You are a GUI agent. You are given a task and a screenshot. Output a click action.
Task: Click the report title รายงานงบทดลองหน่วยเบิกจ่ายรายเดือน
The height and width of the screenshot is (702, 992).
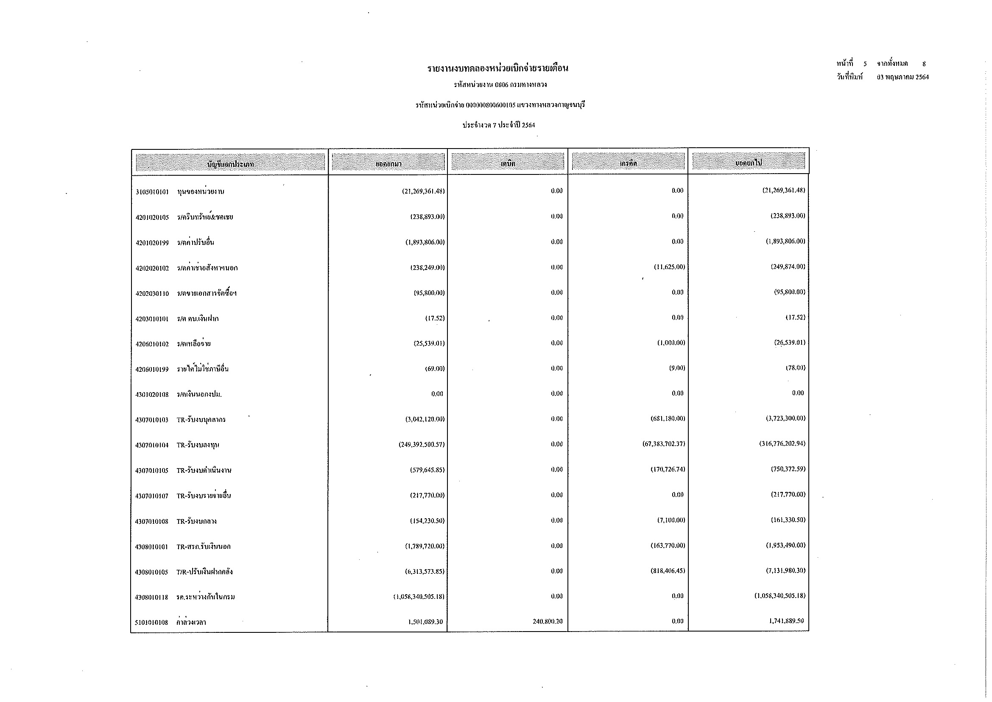pos(498,68)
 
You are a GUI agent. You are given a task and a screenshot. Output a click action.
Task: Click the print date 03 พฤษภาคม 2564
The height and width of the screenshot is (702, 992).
pos(903,77)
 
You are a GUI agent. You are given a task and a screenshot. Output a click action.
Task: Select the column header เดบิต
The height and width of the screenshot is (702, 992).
pos(508,164)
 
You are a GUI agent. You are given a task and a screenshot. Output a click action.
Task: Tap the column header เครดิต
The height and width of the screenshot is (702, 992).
pos(628,164)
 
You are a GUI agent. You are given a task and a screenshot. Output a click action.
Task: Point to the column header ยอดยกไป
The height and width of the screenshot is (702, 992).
pos(748,163)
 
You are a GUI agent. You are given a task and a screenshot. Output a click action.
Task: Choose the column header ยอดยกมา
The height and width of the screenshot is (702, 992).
pos(388,164)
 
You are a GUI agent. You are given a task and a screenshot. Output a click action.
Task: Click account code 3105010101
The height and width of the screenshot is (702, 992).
pos(152,192)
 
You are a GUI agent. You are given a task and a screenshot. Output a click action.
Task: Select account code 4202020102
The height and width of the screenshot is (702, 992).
pos(152,268)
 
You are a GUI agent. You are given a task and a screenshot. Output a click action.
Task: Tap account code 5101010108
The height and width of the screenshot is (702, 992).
pos(152,623)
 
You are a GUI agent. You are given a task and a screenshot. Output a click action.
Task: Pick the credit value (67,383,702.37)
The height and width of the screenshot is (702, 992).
pos(664,444)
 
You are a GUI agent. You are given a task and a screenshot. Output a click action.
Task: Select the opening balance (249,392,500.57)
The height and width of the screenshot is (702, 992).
pos(422,444)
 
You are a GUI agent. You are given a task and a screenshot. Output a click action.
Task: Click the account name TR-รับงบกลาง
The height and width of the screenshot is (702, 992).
pos(197,521)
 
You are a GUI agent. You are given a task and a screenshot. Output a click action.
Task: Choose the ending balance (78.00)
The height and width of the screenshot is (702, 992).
pos(795,368)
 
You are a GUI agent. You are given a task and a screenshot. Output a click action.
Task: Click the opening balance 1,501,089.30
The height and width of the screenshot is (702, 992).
pos(425,622)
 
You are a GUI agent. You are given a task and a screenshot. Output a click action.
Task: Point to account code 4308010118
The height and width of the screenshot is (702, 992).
pos(152,598)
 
